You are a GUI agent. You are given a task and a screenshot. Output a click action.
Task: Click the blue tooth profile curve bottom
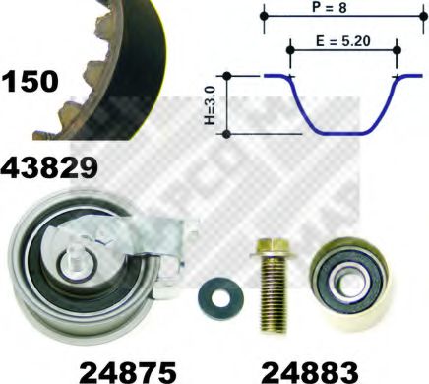[x=343, y=132]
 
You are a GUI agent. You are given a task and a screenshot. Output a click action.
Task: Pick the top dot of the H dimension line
[x=227, y=75]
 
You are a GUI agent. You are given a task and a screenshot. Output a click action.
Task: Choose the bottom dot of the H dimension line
[x=227, y=133]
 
